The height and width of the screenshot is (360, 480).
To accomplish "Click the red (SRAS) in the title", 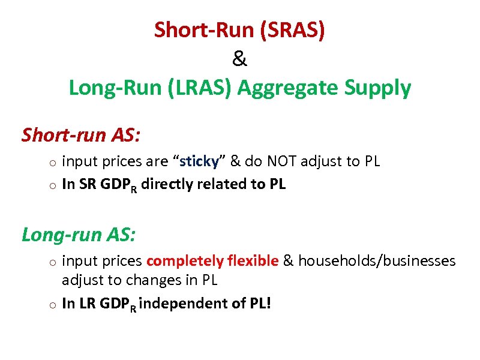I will click(293, 30).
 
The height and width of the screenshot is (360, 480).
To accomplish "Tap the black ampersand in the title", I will click(239, 59).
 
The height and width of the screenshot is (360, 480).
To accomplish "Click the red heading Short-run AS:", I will click(81, 135).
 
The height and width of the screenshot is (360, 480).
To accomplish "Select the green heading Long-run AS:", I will click(79, 233).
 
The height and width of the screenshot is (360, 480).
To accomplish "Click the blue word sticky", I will click(202, 161).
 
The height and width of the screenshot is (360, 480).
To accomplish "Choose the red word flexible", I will click(253, 261).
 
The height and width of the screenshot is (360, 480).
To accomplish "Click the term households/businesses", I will click(377, 261).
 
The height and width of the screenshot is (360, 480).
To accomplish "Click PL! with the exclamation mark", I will click(259, 304).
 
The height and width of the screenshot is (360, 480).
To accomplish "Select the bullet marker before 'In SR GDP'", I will click(53, 185).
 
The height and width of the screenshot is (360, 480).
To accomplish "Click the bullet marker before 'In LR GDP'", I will click(53, 305).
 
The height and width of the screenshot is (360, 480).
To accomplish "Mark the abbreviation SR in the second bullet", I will click(84, 184).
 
